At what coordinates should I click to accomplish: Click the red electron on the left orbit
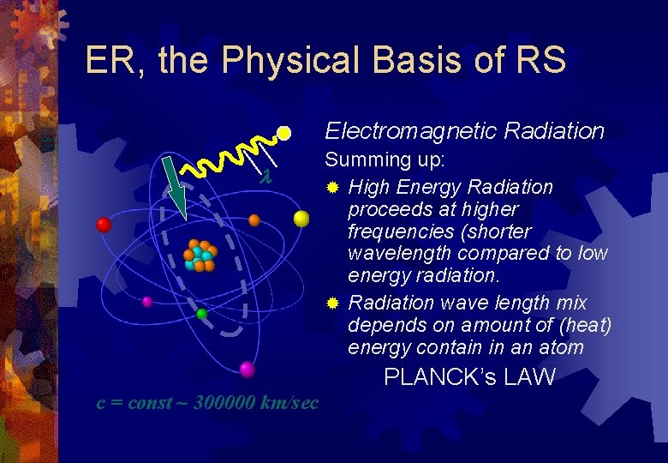[x=104, y=225]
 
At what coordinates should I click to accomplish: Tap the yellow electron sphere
[x=301, y=219]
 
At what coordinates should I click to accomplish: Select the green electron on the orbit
[x=201, y=314]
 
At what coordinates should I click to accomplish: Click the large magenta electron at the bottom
[x=248, y=370]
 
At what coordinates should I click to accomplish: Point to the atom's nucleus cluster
[x=200, y=256]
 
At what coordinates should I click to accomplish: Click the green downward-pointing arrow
[x=176, y=194]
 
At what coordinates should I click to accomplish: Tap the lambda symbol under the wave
[x=265, y=177]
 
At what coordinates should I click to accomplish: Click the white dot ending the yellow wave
[x=284, y=134]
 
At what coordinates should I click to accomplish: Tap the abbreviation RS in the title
[x=539, y=61]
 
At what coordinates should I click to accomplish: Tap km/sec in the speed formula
[x=290, y=402]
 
